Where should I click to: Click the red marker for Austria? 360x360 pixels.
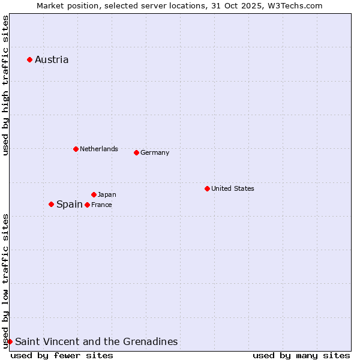click(x=29, y=59)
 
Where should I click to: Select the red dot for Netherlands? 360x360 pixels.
click(x=76, y=149)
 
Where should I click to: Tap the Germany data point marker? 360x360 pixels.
click(x=136, y=152)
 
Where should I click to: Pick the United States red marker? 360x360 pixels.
click(x=207, y=188)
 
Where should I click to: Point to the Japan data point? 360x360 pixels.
click(x=94, y=194)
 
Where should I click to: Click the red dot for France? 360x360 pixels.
click(x=87, y=205)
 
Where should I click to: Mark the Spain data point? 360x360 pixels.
click(x=51, y=204)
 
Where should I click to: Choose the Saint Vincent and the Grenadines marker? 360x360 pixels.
click(x=10, y=341)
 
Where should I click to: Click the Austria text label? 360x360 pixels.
click(x=52, y=59)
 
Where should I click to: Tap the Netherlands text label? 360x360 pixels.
click(x=99, y=149)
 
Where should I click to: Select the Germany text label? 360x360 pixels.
click(x=155, y=152)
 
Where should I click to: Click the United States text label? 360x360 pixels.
click(x=233, y=188)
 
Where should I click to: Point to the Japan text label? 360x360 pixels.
click(x=107, y=194)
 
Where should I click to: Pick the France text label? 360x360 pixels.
click(x=101, y=205)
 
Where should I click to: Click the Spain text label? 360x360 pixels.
click(x=70, y=204)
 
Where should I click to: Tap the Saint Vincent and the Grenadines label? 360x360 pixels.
click(x=96, y=341)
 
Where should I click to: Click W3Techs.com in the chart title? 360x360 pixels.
click(x=295, y=5)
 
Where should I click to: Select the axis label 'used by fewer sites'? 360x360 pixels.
click(x=62, y=355)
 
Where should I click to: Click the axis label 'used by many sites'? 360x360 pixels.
click(x=301, y=355)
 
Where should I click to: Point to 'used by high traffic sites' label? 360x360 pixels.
click(x=5, y=85)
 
